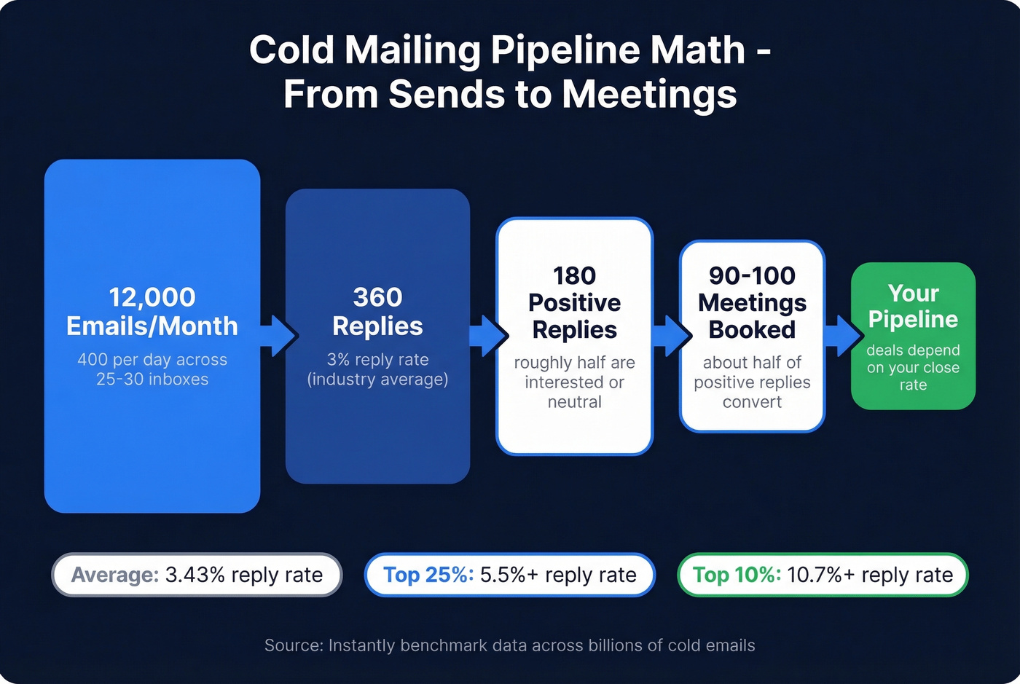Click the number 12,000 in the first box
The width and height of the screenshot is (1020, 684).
coord(152,297)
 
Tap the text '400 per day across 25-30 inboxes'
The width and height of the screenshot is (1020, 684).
coord(152,369)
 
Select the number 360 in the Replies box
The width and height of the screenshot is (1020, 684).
coord(377,297)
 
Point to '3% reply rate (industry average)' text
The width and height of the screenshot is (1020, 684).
coord(377,369)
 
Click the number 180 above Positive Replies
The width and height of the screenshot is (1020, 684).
coord(574,276)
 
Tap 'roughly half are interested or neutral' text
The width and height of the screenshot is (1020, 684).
coord(574,382)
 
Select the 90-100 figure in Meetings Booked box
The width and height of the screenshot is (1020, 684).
coord(752,276)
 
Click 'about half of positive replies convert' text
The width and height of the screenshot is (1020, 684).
coord(752,382)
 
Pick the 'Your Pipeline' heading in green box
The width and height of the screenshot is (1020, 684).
coord(913,306)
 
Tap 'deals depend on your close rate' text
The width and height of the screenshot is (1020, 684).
coord(913,367)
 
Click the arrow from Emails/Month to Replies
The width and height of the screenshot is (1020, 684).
coord(280,336)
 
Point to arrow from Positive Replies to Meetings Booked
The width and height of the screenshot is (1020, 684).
coord(671,336)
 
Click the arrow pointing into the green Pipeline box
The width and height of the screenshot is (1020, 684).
coord(843,336)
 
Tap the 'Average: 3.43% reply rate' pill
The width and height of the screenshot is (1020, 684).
coord(197,575)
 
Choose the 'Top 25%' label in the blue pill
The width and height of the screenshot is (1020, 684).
coord(428,575)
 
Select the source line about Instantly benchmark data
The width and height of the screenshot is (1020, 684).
coord(509,645)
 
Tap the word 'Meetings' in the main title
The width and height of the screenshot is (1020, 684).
coord(649,95)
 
